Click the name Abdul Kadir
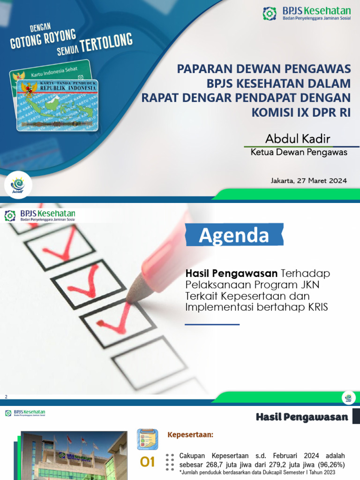(298, 139)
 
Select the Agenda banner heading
(234, 235)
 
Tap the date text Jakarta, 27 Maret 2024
(308, 180)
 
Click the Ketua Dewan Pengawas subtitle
(299, 152)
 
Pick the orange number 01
(148, 462)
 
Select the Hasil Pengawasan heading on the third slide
(302, 417)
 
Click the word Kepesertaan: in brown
(190, 435)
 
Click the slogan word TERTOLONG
(106, 44)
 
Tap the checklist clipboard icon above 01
(147, 439)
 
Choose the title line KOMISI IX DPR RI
(301, 112)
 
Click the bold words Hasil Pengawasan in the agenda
(232, 273)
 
